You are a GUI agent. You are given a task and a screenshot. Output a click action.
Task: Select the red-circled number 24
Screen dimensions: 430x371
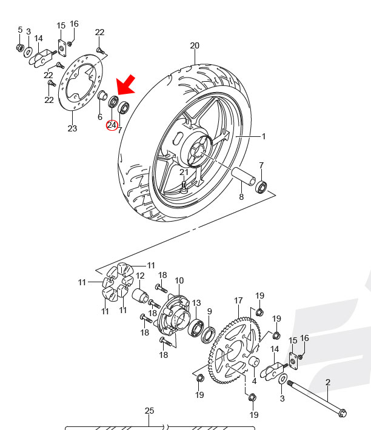tap(112, 125)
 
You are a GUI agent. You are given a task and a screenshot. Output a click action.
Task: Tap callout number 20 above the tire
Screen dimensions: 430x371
tap(195, 45)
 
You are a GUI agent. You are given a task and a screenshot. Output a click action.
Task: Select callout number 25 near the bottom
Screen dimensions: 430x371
tap(150, 411)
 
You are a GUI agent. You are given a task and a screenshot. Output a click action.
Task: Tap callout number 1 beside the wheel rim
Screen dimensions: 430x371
tap(264, 137)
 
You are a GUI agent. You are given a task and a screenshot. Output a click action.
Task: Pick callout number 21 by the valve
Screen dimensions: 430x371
tap(184, 173)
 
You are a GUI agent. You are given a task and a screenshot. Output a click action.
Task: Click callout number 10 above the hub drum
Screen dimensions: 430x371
tap(179, 280)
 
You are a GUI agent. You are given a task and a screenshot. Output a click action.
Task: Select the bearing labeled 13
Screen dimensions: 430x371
tap(197, 328)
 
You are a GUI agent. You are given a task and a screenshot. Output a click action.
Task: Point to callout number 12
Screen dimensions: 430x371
tap(140, 276)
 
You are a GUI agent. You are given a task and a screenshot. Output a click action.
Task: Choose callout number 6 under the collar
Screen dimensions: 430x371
tap(100, 116)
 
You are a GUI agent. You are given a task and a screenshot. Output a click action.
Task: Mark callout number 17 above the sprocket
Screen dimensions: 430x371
tap(238, 300)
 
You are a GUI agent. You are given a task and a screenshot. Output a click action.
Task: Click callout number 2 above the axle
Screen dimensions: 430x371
tap(328, 382)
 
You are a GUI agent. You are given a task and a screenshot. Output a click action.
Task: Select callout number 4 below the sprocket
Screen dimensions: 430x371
tap(254, 381)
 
